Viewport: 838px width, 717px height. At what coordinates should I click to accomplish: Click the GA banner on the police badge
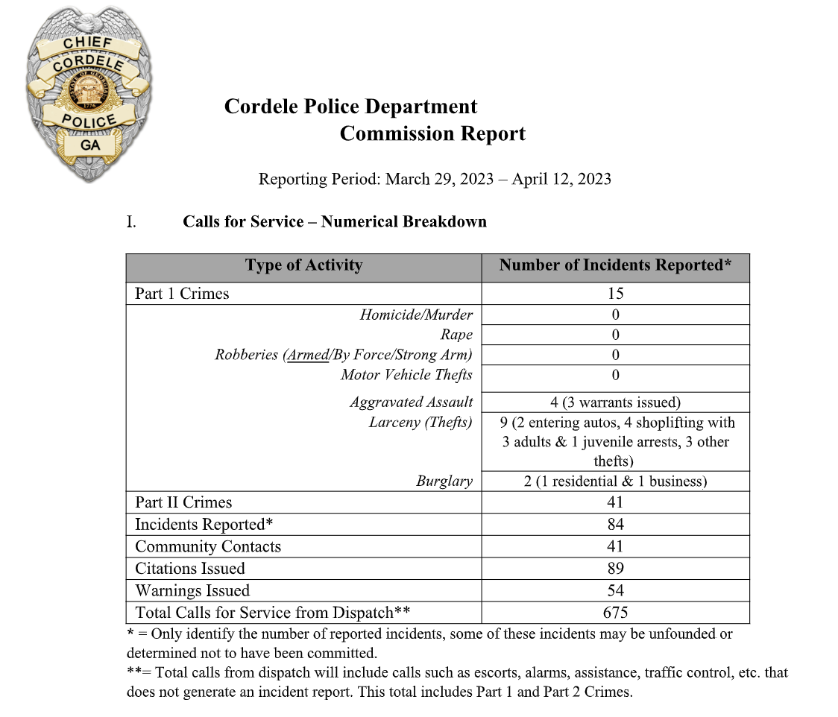[x=90, y=145]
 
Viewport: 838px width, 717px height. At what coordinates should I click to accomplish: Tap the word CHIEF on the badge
[x=88, y=42]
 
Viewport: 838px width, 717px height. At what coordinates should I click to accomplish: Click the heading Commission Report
[x=432, y=133]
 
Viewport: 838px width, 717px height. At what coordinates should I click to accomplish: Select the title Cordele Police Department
[x=350, y=107]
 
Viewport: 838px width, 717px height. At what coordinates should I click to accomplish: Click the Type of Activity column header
[x=303, y=265]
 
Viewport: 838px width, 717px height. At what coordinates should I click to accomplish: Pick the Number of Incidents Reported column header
[x=615, y=265]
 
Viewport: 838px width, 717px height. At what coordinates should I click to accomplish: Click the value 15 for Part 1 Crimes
[x=615, y=294]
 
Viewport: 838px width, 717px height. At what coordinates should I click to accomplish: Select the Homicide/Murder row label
[x=416, y=315]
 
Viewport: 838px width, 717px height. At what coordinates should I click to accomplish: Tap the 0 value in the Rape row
[x=615, y=335]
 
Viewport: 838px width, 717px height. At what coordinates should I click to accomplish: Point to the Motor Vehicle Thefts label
[x=406, y=375]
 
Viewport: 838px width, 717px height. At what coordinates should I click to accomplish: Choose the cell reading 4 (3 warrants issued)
[x=615, y=402]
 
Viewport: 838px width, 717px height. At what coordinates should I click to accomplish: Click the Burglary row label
[x=444, y=481]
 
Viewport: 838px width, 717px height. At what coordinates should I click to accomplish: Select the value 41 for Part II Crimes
[x=615, y=502]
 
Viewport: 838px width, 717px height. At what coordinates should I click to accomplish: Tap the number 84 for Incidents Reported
[x=615, y=524]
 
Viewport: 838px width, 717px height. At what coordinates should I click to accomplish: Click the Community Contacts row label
[x=208, y=546]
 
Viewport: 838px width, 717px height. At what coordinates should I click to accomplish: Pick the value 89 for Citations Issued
[x=615, y=568]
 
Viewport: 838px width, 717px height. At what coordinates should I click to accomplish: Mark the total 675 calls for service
[x=615, y=613]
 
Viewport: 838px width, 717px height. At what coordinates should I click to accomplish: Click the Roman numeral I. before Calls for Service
[x=131, y=221]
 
